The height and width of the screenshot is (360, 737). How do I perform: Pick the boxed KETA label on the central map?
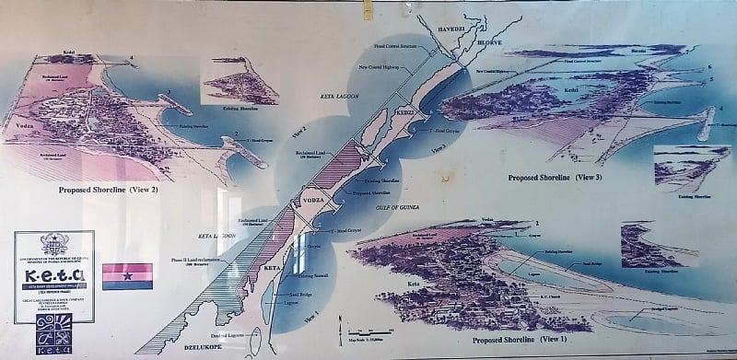pyautogui.click(x=272, y=267)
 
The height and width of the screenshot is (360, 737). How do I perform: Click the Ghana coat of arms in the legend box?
pyautogui.click(x=53, y=244)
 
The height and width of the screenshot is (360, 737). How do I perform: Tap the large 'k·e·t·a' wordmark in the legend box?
pyautogui.click(x=53, y=274)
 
